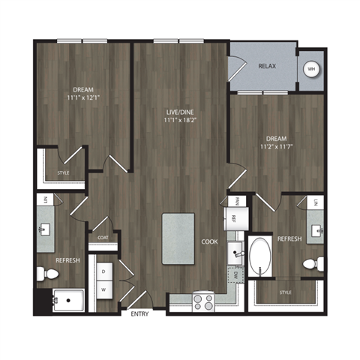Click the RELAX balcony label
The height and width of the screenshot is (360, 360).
pos(267,66)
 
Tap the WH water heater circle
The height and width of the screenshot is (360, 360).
pos(310,70)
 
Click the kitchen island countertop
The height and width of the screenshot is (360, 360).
pos(178,238)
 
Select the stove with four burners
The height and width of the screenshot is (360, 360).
pos(202,301)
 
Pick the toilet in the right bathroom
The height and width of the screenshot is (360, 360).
pos(317,264)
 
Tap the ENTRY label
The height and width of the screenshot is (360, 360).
pos(140,313)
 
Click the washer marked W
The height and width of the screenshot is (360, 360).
pos(103,288)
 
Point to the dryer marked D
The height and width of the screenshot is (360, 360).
pos(103,270)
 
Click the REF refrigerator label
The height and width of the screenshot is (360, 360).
pos(234,219)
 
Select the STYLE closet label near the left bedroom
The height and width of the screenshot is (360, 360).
pos(63,173)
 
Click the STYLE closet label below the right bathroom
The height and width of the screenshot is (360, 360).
pos(285,292)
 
